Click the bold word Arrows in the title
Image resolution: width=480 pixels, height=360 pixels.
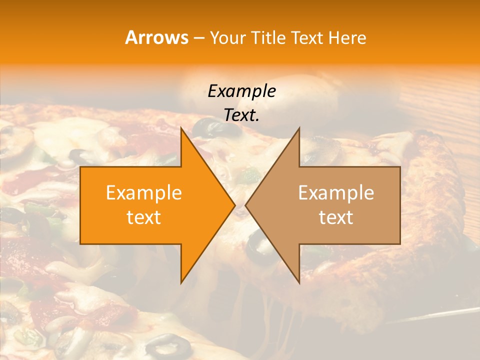(x=156, y=37)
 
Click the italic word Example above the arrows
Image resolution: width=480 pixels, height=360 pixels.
(x=242, y=91)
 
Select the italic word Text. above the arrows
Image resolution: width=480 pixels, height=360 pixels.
(x=242, y=115)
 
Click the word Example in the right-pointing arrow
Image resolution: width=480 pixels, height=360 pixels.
(x=143, y=193)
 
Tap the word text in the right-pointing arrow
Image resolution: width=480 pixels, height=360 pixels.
(x=143, y=217)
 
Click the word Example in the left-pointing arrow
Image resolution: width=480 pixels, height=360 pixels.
(x=336, y=193)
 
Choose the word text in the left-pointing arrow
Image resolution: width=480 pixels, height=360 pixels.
(x=336, y=217)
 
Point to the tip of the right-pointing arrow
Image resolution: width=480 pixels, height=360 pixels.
(x=234, y=205)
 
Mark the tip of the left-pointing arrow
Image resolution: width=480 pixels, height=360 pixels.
(x=246, y=205)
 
